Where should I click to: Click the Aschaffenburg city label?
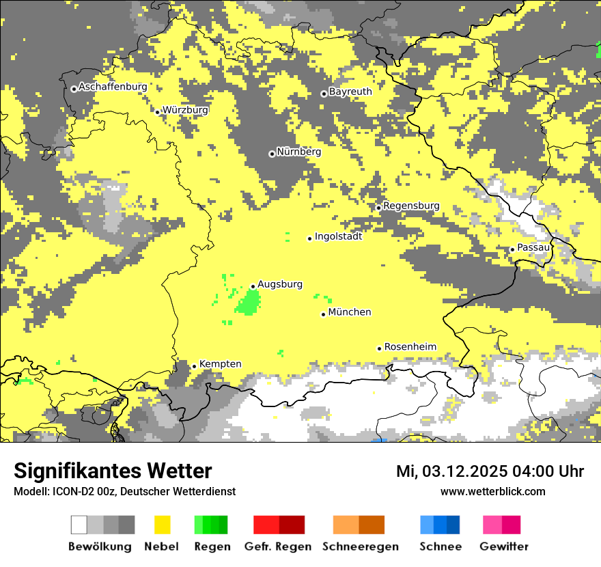click(x=113, y=87)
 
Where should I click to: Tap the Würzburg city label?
click(x=185, y=110)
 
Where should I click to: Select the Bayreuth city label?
click(x=350, y=92)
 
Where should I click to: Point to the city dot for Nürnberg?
click(x=272, y=154)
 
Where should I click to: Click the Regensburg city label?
click(x=411, y=206)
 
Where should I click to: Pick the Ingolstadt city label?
click(x=338, y=236)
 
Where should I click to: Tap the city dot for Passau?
click(x=512, y=249)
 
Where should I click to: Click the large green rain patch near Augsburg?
click(x=249, y=302)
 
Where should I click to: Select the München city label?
click(x=350, y=312)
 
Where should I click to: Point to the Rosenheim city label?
click(x=410, y=347)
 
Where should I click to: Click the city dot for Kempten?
click(x=194, y=366)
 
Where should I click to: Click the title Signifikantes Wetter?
click(x=113, y=471)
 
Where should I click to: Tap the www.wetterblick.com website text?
click(x=492, y=491)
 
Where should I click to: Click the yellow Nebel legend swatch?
click(x=162, y=525)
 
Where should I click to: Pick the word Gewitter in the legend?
click(x=504, y=547)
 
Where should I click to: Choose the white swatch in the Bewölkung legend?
click(x=79, y=525)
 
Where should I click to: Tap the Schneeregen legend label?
click(x=361, y=547)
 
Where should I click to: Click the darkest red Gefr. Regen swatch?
click(x=292, y=525)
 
